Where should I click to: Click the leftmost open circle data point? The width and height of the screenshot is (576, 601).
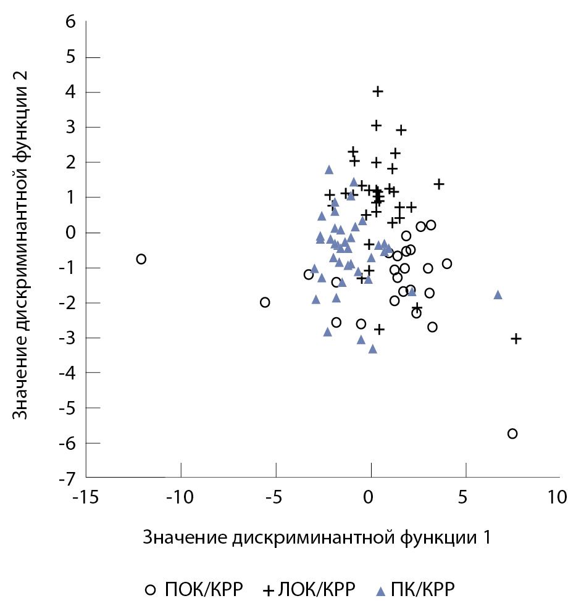coord(141,259)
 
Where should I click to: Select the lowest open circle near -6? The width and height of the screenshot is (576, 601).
coord(512,434)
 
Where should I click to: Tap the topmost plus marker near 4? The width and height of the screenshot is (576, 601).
coord(378,91)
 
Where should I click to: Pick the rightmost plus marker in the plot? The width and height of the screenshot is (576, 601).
coord(516,338)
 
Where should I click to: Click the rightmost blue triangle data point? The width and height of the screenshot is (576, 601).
coord(498,294)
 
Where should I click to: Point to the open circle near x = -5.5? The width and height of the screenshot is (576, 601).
coord(265,302)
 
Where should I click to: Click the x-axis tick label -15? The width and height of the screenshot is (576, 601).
coord(85,497)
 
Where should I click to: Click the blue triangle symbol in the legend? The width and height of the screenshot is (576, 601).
coord(381,588)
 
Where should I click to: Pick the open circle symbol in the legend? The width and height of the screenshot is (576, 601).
coord(151,588)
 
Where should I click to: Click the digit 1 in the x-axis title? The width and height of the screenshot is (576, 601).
coord(486,537)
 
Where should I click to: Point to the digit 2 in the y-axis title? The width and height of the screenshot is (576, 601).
coord(20,72)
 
